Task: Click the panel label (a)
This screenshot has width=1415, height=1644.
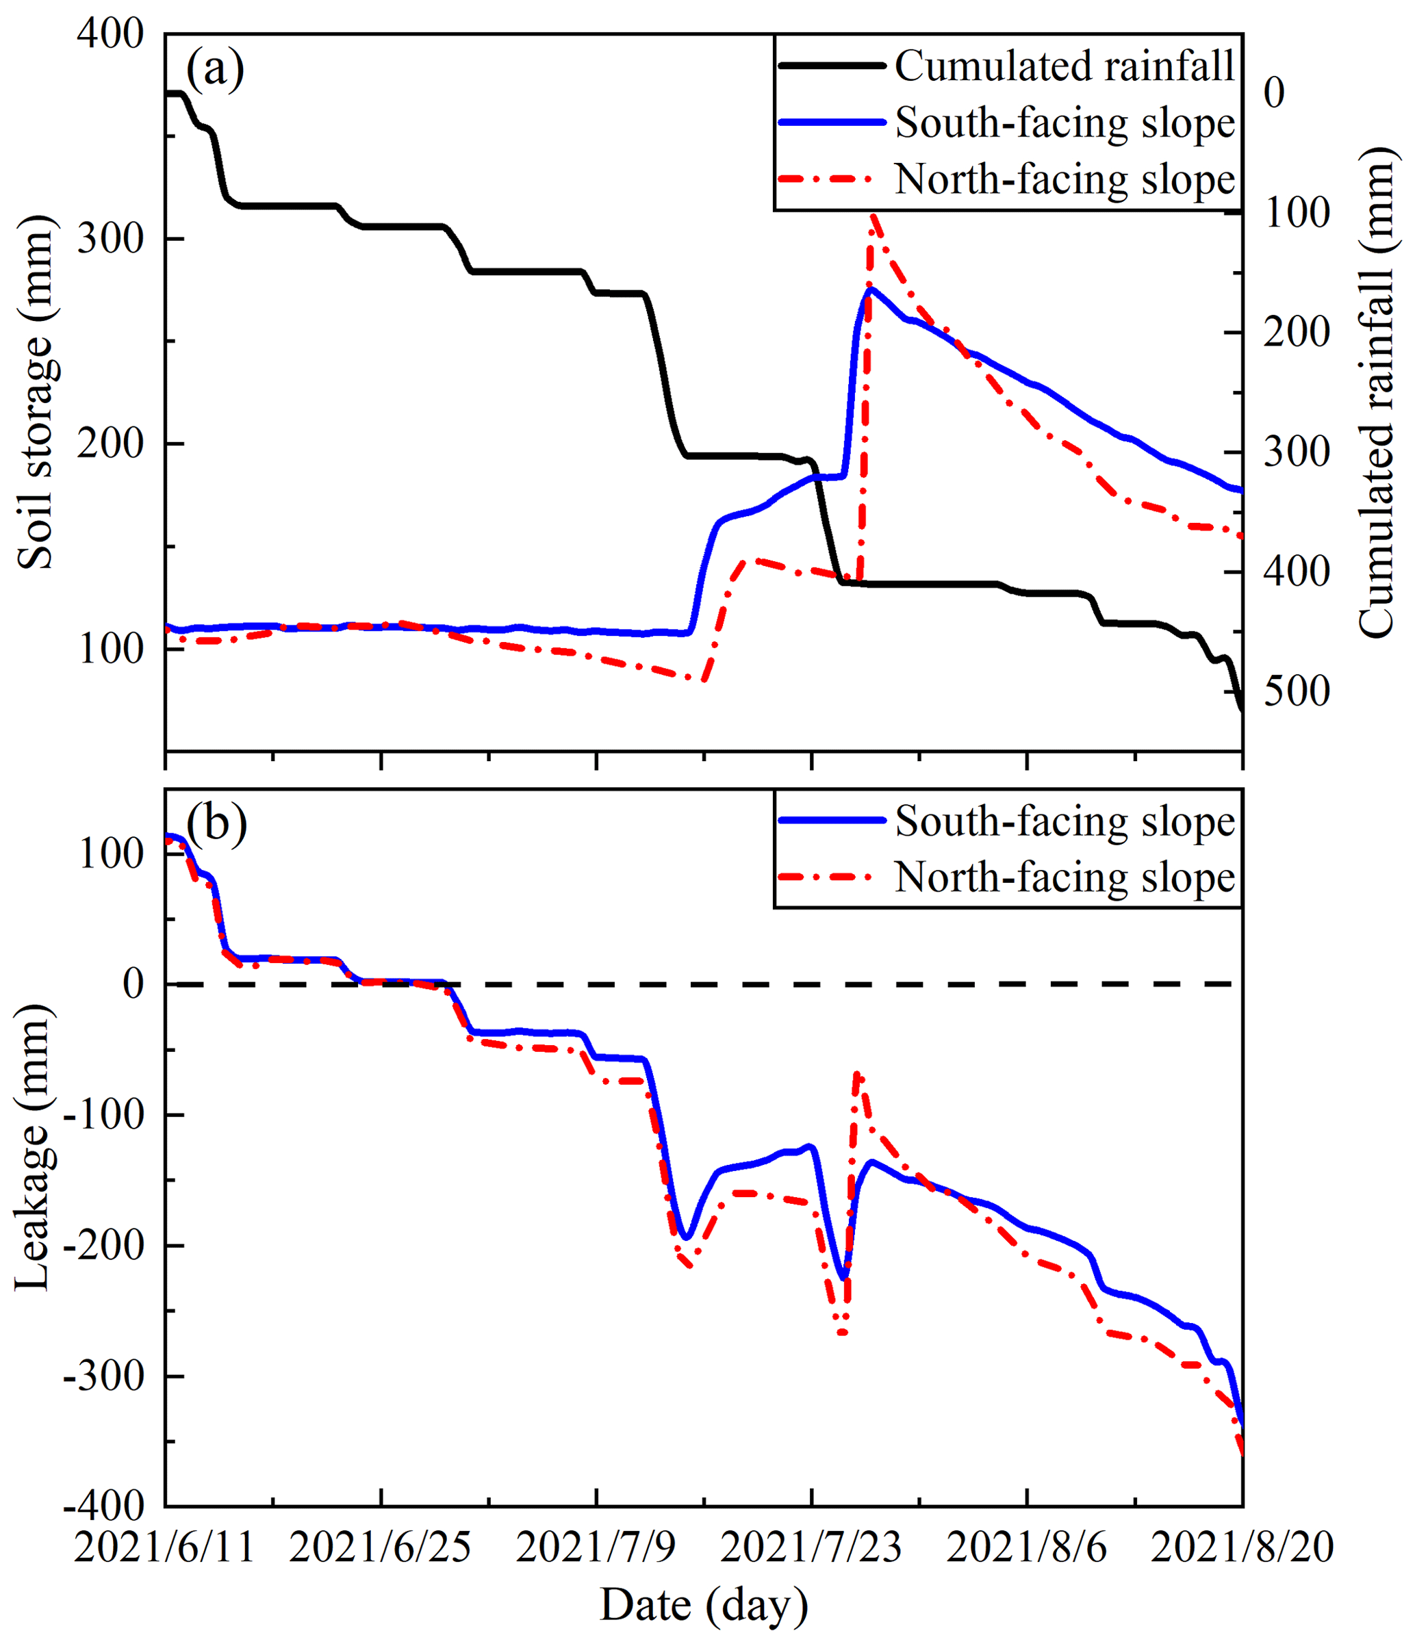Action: tap(214, 70)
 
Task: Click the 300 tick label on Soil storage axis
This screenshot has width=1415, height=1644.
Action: tap(110, 239)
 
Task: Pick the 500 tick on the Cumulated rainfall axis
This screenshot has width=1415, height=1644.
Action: tap(1296, 692)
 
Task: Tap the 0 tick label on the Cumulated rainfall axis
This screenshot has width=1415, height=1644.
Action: tap(1274, 94)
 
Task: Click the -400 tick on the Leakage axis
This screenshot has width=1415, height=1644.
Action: tap(103, 1506)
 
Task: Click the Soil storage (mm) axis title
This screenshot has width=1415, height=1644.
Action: tap(35, 392)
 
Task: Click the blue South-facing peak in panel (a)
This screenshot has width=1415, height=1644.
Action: tap(871, 290)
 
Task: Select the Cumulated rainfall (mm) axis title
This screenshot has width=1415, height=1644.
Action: tap(1376, 392)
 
